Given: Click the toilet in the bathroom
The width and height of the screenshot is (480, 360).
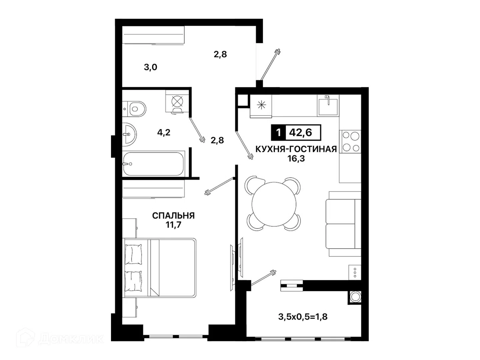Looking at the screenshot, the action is pyautogui.click(x=134, y=109).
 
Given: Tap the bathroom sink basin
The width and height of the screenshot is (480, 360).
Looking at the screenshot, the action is pyautogui.click(x=129, y=134).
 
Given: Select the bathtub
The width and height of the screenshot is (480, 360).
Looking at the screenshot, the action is pyautogui.click(x=154, y=164).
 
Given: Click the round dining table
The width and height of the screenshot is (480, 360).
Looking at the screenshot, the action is pyautogui.click(x=274, y=204).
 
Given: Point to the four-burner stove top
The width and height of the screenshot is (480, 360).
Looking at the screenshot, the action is pyautogui.click(x=350, y=141).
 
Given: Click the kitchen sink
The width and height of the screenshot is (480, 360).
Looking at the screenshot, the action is pyautogui.click(x=328, y=106).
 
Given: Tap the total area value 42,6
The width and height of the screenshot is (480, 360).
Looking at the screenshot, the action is pyautogui.click(x=300, y=132).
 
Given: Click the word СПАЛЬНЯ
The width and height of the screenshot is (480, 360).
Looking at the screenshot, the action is pyautogui.click(x=173, y=216).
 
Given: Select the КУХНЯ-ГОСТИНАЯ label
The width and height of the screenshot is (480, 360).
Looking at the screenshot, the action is pyautogui.click(x=296, y=149).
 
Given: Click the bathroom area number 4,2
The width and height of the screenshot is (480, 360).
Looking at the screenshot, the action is pyautogui.click(x=164, y=132).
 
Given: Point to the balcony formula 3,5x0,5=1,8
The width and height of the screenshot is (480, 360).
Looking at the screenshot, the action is pyautogui.click(x=303, y=317).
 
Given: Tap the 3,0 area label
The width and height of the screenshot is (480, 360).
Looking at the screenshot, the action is pyautogui.click(x=150, y=67).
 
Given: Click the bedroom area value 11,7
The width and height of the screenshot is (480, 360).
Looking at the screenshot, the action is pyautogui.click(x=173, y=225).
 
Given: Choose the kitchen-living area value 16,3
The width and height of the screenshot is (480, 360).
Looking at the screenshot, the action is pyautogui.click(x=296, y=158).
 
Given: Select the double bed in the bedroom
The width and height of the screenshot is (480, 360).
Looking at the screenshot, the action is pyautogui.click(x=159, y=268).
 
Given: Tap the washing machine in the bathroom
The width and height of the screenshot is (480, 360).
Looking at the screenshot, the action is pyautogui.click(x=177, y=102).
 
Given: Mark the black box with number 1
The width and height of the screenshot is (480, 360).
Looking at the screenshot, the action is pyautogui.click(x=278, y=132).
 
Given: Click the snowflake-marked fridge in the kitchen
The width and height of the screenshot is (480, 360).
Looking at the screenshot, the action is pyautogui.click(x=261, y=106).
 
